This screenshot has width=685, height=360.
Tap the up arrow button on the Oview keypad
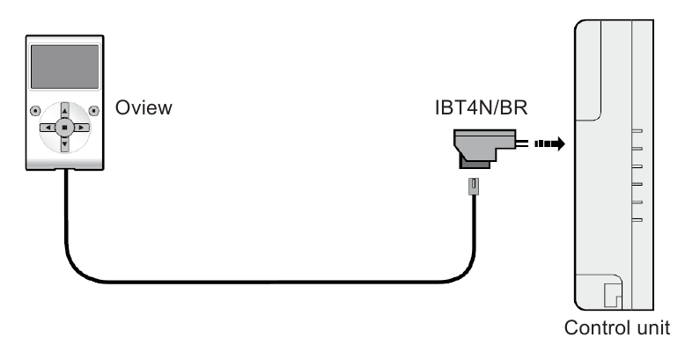point(64,113)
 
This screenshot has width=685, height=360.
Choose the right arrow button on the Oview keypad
point(80,128)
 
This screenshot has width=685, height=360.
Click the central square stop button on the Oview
point(64,128)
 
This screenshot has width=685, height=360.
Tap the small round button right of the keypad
point(94,112)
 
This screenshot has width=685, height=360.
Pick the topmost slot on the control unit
point(637,129)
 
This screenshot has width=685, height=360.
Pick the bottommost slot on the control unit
point(637,219)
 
